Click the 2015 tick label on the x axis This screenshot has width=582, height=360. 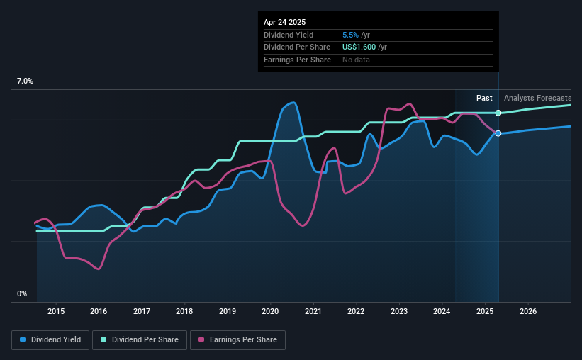[x=56, y=311]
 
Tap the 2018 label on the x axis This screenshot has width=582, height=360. [x=184, y=311]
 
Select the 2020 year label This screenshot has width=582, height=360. [x=270, y=311]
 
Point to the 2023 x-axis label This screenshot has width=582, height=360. [x=399, y=311]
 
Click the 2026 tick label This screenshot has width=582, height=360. [x=527, y=311]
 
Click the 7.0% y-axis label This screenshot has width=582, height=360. [x=25, y=81]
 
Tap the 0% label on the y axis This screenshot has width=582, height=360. [x=22, y=293]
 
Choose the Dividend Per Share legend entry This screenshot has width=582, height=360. [x=140, y=340]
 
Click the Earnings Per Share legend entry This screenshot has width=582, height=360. [x=239, y=340]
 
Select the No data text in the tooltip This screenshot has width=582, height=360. [x=356, y=60]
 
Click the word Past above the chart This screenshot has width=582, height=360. [x=484, y=98]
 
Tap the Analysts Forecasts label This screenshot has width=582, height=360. [x=537, y=98]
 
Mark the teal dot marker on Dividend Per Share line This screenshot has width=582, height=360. [x=498, y=113]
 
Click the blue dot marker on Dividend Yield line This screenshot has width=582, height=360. [x=498, y=133]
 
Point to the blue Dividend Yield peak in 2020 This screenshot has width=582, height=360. [x=291, y=103]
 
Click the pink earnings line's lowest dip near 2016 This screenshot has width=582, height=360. [x=98, y=269]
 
